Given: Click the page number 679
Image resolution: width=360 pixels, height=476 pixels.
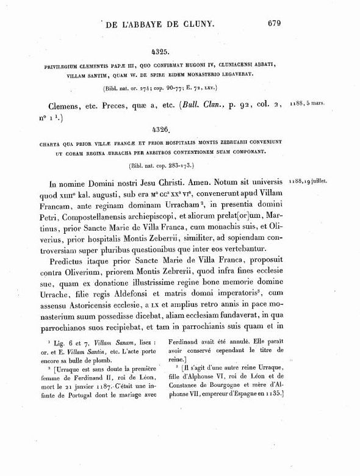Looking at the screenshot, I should (x=273, y=24).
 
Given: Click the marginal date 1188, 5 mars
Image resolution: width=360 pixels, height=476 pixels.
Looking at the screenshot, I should (x=308, y=103).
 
